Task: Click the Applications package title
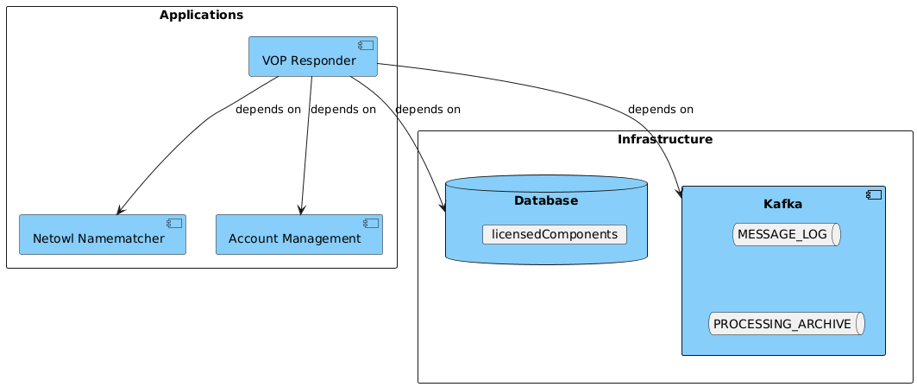[x=201, y=15]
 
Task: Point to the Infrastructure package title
[x=665, y=139]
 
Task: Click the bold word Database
[x=545, y=200]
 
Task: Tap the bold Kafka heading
[x=783, y=204]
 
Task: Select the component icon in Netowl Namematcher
[x=174, y=224]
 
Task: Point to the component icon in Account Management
[x=371, y=224]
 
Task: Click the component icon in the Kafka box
[x=874, y=194]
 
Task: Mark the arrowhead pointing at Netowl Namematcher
[x=120, y=210]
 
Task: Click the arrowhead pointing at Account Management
[x=300, y=209]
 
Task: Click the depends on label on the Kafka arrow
[x=660, y=110]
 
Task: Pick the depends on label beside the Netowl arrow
[x=267, y=110]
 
